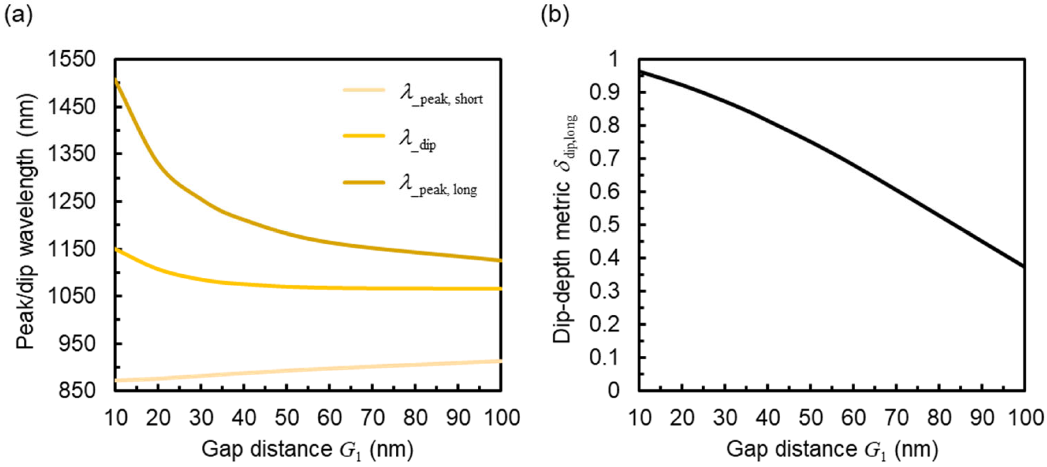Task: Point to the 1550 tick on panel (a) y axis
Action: [72, 60]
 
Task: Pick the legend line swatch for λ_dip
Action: [364, 136]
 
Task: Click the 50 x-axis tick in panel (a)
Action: [287, 418]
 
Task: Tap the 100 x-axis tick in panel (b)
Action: [1024, 418]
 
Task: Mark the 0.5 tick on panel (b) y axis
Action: [604, 225]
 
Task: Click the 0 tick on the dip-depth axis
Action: [614, 390]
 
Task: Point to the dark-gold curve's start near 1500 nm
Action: [116, 80]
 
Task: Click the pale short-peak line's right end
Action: [500, 361]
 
